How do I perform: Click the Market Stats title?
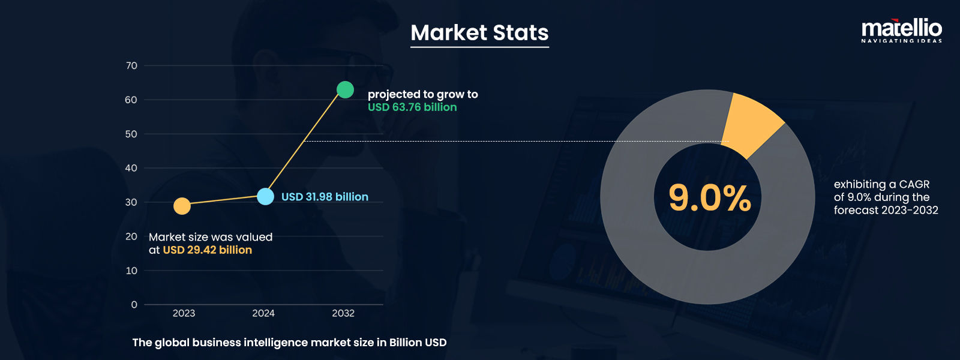479,32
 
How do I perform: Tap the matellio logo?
901,30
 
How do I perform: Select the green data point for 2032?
345,89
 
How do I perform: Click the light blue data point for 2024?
265,196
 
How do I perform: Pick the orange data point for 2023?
182,206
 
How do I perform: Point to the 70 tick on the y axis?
131,65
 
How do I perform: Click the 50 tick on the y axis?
131,134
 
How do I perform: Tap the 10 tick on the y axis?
131,271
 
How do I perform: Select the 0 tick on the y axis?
134,305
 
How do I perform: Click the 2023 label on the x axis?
184,313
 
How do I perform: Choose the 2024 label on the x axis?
263,313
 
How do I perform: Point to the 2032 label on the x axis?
343,313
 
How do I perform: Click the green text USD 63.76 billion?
412,107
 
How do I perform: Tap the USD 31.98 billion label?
325,197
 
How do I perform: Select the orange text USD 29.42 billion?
208,250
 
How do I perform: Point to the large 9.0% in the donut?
709,198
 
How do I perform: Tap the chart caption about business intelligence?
289,343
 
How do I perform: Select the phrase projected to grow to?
422,94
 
